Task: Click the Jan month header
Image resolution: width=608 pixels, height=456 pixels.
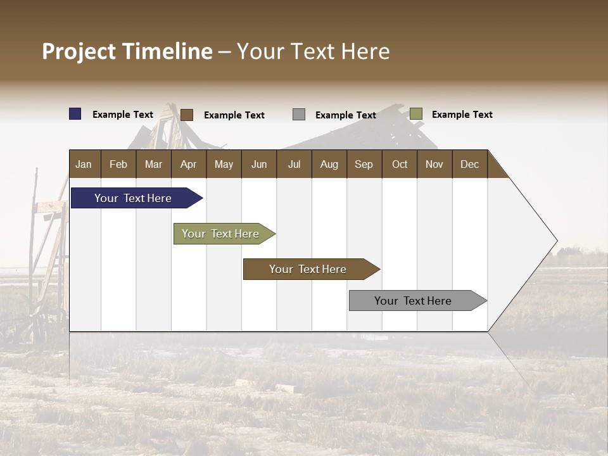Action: (84, 164)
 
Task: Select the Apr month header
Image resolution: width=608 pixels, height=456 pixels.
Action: (188, 164)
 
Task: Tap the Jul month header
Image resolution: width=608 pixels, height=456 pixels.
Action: (294, 164)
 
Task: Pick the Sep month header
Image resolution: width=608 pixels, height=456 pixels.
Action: (364, 164)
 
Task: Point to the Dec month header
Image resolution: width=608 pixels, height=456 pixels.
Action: (469, 164)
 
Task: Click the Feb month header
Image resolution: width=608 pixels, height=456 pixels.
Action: (118, 164)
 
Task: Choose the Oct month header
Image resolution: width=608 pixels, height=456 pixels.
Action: (400, 164)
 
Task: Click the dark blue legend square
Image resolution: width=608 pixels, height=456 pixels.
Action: (75, 114)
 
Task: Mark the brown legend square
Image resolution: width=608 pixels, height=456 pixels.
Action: (187, 115)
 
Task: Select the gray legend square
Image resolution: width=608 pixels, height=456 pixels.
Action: (299, 114)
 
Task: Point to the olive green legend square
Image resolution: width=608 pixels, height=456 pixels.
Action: (415, 114)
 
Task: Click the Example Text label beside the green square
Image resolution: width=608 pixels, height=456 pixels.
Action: (462, 115)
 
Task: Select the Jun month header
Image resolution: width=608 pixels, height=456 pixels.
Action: (258, 164)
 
